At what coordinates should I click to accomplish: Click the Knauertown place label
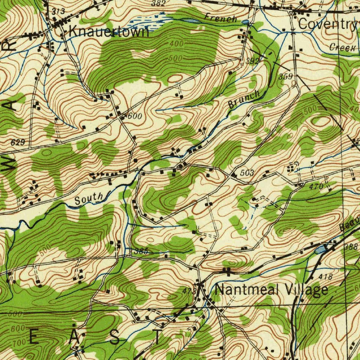pos(109,32)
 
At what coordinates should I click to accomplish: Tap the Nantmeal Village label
pos(271,290)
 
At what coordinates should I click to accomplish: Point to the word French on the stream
pos(221,18)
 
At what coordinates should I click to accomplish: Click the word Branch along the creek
pos(244,99)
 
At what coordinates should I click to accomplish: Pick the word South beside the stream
pos(89,199)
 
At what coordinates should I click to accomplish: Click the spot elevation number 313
pos(58,12)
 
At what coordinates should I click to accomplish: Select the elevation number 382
pos(158,4)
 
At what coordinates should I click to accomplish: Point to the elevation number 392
pos(252,61)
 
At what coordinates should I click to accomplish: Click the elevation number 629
pos(18,142)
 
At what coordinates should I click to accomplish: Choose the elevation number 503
pos(247,173)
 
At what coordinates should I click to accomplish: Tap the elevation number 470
pos(316,187)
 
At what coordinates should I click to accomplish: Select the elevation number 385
pos(141,251)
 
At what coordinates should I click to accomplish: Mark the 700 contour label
pos(18,342)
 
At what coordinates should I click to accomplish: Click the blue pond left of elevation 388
pos(320,250)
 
